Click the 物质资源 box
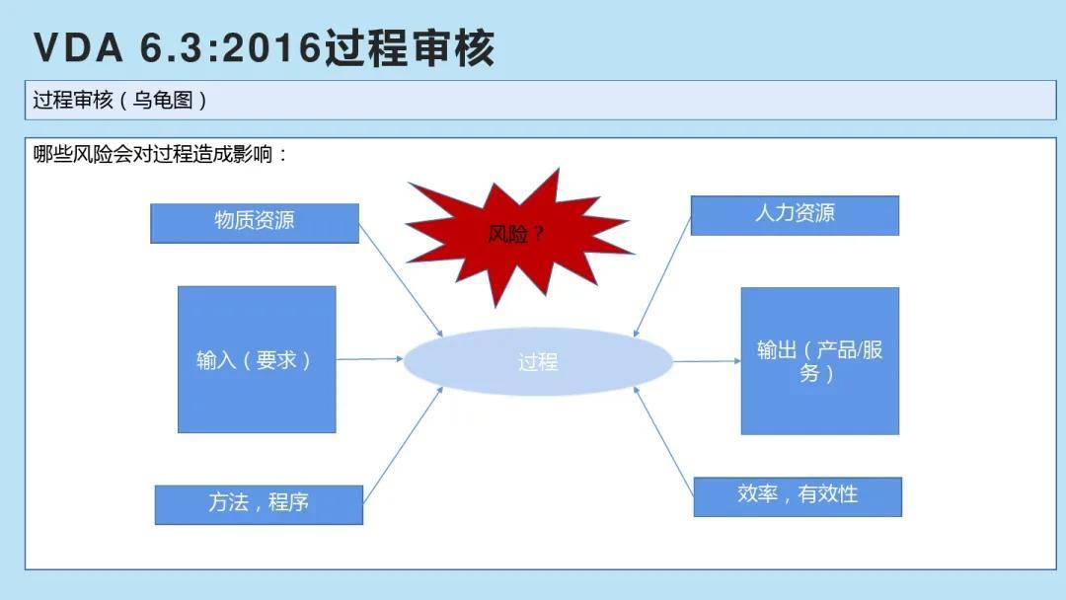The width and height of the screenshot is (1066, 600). point(255,223)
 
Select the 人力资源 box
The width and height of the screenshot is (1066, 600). point(795,215)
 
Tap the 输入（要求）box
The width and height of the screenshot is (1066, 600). point(257,359)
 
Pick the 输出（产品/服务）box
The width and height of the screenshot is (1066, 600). point(820,361)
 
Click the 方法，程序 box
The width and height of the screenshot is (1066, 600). point(259,505)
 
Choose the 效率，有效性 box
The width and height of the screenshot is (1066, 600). point(798,496)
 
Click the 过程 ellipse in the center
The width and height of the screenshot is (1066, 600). point(539,361)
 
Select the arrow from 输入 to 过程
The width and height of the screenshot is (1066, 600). point(370,359)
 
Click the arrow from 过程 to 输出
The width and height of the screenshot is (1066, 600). point(707,361)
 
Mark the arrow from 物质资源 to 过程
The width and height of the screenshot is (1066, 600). point(401,280)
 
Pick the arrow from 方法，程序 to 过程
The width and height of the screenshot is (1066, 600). point(403,445)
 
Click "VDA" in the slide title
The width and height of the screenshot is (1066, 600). point(79,48)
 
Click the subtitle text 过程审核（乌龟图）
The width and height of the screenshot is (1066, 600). point(119,101)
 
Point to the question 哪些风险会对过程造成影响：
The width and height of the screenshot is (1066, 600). point(161,154)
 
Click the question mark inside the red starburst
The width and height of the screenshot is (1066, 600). point(538,235)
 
